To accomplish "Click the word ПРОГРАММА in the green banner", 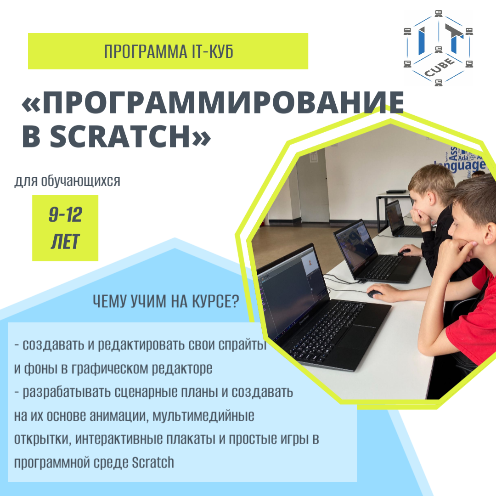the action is coord(146,51).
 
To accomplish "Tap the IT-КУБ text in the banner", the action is coord(213,51).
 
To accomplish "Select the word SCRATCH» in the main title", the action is coord(130,136).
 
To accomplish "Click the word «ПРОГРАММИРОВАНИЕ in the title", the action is coord(212,102).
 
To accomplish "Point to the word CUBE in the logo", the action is coord(440,68).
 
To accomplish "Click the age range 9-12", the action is coord(66,215).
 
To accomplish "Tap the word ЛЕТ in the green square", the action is coord(65,242).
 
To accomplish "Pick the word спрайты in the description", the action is coord(242,345).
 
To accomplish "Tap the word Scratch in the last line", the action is coord(153,462).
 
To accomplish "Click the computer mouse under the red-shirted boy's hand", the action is coord(375,293).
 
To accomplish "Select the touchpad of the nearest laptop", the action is coord(358,335).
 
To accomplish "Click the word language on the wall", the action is coord(461,165).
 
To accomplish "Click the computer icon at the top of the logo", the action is coord(439,13).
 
